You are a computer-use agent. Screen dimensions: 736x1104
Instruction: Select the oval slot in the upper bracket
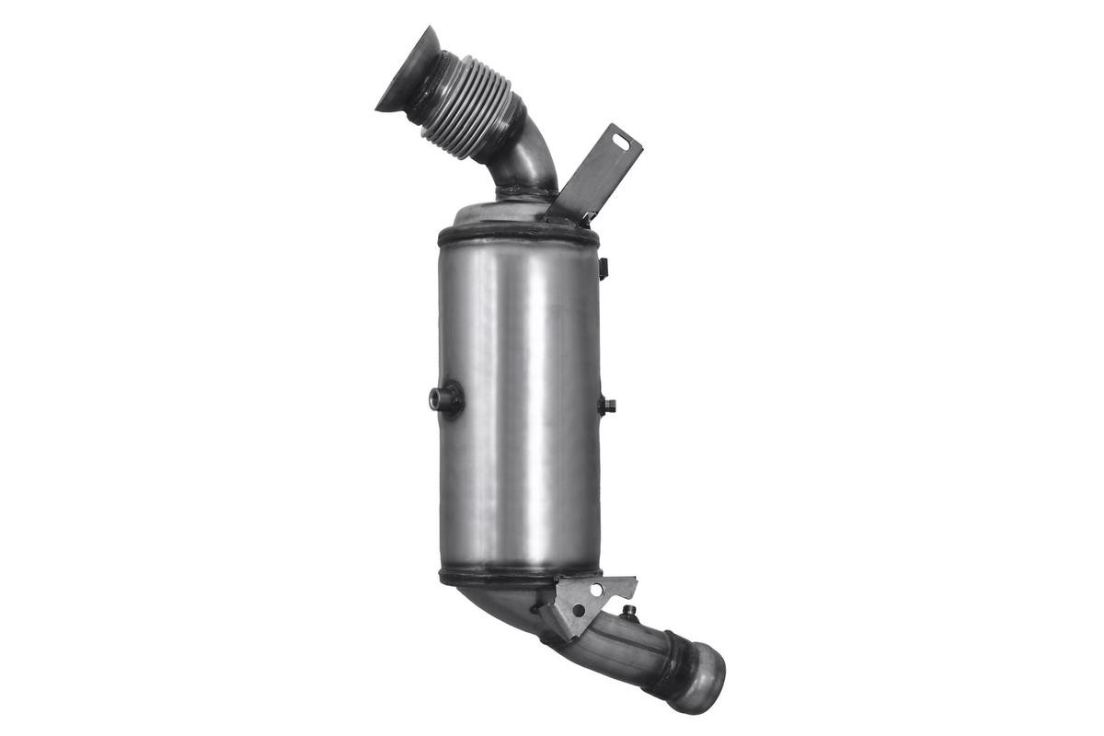point(623,142)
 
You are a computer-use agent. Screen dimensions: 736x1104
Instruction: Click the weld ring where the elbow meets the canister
point(525,194)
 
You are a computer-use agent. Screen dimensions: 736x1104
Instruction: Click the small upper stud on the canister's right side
point(604,268)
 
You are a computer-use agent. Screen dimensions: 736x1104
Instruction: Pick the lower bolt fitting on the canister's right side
point(606,405)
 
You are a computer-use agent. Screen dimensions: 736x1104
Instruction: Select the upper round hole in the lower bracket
point(596,589)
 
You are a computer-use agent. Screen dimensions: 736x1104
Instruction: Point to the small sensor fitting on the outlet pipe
point(629,612)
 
